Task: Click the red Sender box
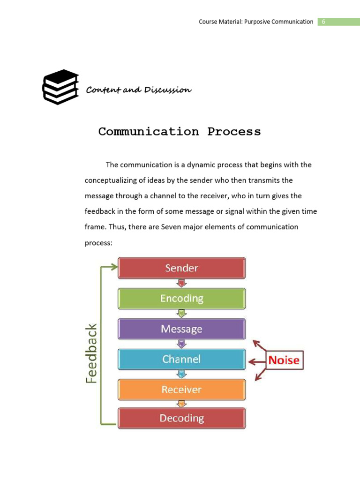[x=181, y=268]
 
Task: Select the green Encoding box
[x=181, y=299]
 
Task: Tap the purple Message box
[x=181, y=329]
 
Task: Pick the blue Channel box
[x=181, y=360]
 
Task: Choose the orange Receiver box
[x=181, y=390]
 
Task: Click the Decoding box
[x=181, y=418]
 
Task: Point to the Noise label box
[x=285, y=360]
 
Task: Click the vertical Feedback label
[x=91, y=353]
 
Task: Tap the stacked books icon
[x=60, y=87]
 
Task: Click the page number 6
[x=323, y=22]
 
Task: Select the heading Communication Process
[x=180, y=132]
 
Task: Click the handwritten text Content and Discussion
[x=139, y=90]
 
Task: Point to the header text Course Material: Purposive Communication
[x=256, y=22]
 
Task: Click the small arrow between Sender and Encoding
[x=182, y=284]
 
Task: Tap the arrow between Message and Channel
[x=182, y=344]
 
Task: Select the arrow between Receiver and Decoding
[x=182, y=404]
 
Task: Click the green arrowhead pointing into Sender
[x=114, y=267]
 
